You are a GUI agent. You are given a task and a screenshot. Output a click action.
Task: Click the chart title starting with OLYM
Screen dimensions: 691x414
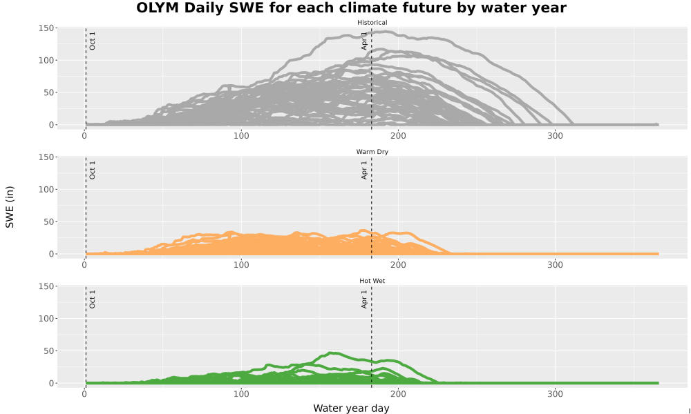pos(351,8)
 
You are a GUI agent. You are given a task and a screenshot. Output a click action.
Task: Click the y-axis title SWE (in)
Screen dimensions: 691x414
pos(10,207)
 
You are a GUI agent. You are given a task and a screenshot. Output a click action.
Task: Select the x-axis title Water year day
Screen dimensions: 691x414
pos(351,408)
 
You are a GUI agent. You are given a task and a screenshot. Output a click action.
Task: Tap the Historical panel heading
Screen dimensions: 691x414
pos(372,23)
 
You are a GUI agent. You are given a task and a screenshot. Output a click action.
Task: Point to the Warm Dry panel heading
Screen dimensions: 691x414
pos(372,152)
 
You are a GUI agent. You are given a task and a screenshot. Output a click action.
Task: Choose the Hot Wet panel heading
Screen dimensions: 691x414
pos(372,281)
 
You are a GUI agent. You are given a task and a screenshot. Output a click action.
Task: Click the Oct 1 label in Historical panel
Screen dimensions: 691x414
pos(92,41)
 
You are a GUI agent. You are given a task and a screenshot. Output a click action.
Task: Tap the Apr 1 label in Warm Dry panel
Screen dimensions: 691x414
pos(364,170)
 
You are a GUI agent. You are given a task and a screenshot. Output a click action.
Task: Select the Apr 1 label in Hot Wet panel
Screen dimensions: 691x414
pos(364,299)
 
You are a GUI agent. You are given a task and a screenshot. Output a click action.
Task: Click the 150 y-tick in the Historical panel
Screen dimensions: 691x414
pos(46,28)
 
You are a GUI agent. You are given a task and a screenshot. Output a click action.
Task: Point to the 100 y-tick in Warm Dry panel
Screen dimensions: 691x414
pos(46,190)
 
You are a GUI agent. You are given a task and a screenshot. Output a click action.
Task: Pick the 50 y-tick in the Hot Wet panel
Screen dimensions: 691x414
pos(48,351)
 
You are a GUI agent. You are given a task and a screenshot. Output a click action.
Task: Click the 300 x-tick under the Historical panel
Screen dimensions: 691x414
pos(556,136)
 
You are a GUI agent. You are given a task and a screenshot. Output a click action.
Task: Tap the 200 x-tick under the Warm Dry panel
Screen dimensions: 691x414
pos(399,265)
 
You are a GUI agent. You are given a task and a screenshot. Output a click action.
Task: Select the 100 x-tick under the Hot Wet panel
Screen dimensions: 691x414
pos(241,394)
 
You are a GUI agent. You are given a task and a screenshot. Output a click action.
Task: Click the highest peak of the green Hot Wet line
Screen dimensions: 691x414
pos(333,353)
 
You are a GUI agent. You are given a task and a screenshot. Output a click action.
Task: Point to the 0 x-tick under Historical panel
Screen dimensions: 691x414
pos(84,136)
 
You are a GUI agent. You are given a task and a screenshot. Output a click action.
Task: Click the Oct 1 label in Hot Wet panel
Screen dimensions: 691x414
pos(92,299)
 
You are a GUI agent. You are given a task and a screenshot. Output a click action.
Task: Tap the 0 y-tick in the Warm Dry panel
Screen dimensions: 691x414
pos(50,255)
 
